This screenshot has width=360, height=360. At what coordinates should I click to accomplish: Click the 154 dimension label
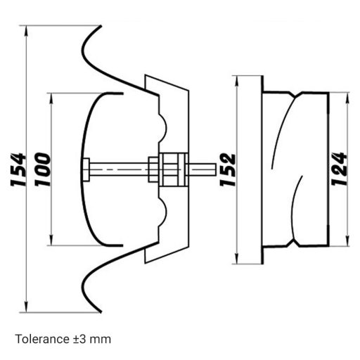point(18,169)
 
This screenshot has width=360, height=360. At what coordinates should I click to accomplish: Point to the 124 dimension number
point(339,169)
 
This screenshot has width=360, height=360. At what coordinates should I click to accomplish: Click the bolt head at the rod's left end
point(86,169)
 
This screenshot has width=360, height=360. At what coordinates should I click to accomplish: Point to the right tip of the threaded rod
point(212,169)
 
